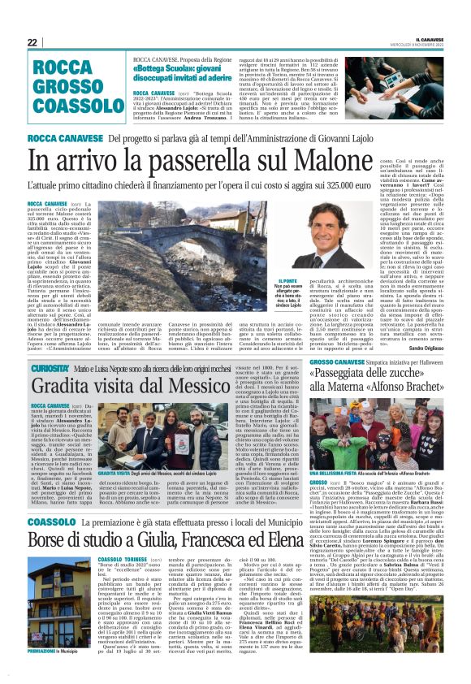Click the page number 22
(x=32, y=42)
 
